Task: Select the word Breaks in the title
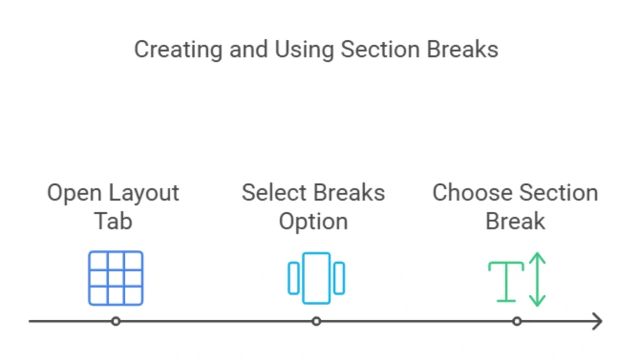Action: point(462,49)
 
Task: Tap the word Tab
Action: point(113,221)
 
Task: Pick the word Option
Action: point(313,221)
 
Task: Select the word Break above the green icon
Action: point(516,221)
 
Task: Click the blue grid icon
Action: point(116,278)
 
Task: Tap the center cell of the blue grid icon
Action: point(116,278)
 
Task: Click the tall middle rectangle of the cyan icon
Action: point(316,278)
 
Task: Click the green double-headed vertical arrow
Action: point(537,279)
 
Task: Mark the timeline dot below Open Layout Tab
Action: point(116,321)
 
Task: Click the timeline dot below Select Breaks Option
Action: point(316,321)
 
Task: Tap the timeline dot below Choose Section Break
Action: point(517,321)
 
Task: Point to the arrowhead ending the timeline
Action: point(598,321)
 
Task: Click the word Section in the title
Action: point(383,49)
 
